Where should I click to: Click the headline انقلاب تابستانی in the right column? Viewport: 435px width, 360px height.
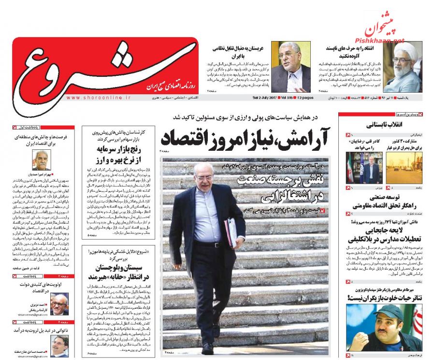pos(379,125)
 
